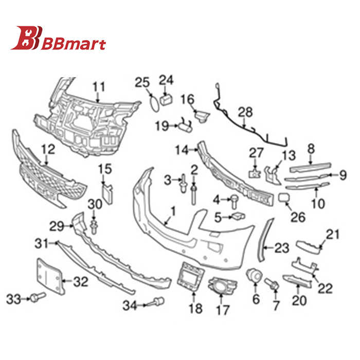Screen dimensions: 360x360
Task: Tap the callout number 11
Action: (99, 87)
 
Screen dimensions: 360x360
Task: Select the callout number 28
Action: (245, 112)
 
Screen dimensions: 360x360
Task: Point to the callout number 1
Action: (173, 212)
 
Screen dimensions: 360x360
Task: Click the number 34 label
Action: (130, 306)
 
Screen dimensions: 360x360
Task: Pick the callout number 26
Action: (298, 217)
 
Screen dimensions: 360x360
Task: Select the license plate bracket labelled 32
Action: (50, 277)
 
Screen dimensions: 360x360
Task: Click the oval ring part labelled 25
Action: (154, 104)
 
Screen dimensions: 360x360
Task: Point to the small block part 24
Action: (166, 100)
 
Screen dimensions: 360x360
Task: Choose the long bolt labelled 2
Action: (194, 195)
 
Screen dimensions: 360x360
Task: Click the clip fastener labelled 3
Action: (183, 184)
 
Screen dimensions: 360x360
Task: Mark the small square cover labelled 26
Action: (284, 198)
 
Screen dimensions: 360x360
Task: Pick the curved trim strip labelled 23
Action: (266, 240)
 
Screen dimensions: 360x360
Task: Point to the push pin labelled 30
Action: (94, 227)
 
